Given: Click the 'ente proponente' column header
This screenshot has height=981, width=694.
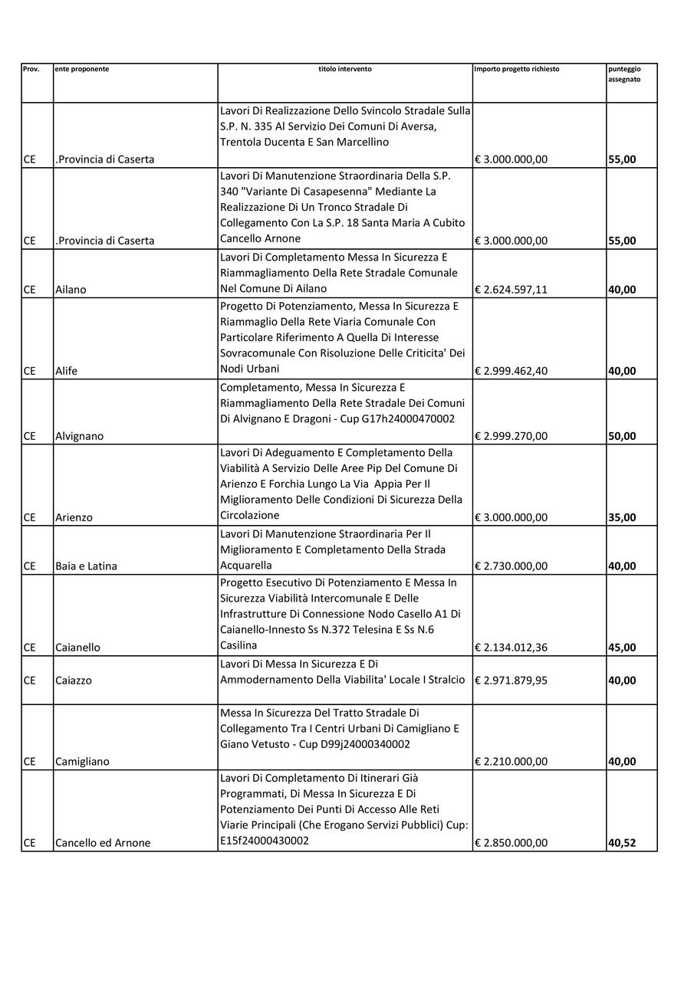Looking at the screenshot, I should click(x=82, y=69).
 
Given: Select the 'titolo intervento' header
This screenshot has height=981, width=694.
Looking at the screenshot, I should click(x=345, y=69).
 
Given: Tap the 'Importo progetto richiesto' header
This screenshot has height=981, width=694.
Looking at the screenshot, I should click(x=517, y=69).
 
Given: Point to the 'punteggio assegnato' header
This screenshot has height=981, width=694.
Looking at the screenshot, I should click(x=624, y=74).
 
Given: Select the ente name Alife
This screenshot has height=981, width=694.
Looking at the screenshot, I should click(x=67, y=371).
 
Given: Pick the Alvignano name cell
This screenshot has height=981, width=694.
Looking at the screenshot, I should click(x=79, y=436).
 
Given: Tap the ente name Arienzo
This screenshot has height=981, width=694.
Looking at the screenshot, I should click(x=74, y=517).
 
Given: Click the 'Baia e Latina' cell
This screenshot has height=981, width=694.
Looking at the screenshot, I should click(x=86, y=566).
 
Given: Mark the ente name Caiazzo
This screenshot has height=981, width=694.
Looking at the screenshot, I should click(x=74, y=680).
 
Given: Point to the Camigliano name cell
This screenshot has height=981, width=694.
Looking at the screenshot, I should click(x=82, y=762).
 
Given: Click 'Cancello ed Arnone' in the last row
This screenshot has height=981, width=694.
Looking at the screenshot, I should click(x=103, y=843).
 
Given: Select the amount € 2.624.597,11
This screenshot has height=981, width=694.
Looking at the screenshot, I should click(x=511, y=290).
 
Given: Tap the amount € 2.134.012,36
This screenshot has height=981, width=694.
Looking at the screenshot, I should click(x=511, y=648).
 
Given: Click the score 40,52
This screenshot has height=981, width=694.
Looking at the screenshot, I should click(x=622, y=843).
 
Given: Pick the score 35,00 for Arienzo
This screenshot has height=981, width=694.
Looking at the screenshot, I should click(x=622, y=517).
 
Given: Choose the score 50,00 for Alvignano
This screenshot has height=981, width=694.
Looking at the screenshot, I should click(x=622, y=436).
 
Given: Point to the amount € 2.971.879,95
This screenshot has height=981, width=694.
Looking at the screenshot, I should click(x=511, y=680).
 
